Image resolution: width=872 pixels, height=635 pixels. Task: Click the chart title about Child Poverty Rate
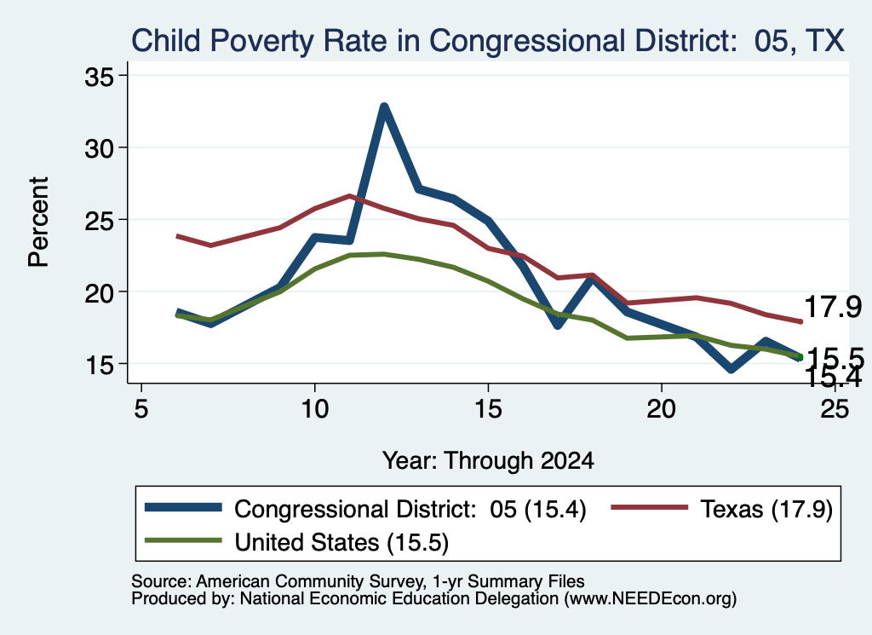(488, 42)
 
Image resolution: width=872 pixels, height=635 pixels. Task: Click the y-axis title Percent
(39, 222)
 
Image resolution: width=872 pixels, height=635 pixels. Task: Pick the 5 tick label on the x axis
(141, 409)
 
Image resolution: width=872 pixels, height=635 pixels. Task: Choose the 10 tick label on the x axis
(315, 409)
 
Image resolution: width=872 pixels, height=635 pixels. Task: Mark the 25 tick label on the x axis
(835, 409)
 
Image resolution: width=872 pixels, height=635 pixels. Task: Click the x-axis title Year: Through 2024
(488, 461)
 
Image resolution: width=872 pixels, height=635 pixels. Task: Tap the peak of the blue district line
(384, 107)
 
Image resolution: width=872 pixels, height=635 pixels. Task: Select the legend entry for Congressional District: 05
(365, 509)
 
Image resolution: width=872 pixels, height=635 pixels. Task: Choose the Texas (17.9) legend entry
(722, 509)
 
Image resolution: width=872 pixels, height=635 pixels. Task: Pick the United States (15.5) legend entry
(296, 542)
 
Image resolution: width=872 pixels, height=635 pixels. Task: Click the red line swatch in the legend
(650, 507)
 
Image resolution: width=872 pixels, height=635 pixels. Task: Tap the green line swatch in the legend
(183, 540)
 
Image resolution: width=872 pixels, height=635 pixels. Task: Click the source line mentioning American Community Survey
(359, 581)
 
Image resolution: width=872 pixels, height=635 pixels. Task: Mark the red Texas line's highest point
(349, 196)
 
